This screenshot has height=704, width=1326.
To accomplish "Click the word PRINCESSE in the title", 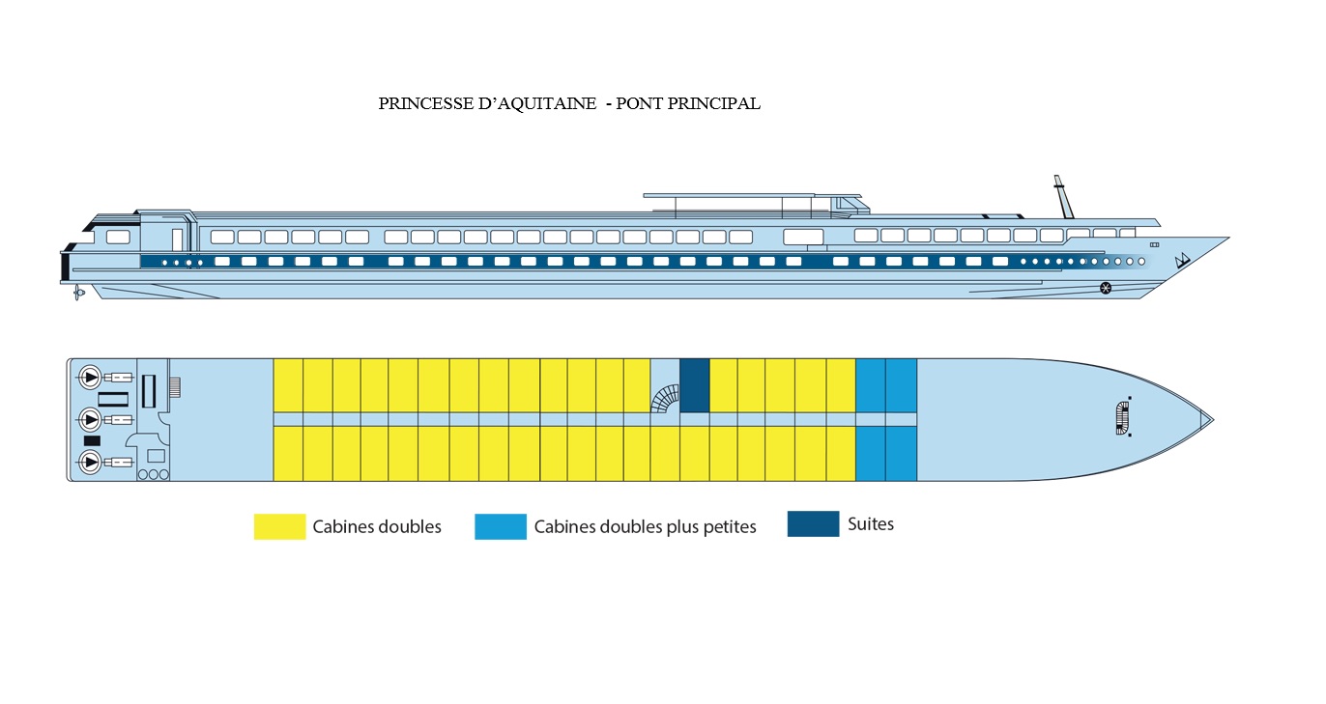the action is pyautogui.click(x=424, y=103).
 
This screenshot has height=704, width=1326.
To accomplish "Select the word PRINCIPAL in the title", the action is pyautogui.click(x=716, y=103).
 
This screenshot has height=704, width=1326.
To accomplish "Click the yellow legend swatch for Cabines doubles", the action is pyautogui.click(x=279, y=526).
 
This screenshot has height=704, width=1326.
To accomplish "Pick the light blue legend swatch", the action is pyautogui.click(x=501, y=526).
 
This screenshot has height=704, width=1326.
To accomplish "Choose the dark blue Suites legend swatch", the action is pyautogui.click(x=813, y=523).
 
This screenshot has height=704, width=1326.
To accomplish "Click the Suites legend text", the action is pyautogui.click(x=870, y=524).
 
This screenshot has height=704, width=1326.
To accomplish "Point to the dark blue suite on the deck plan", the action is pyautogui.click(x=694, y=385).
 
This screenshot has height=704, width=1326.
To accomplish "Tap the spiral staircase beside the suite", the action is pyautogui.click(x=665, y=398).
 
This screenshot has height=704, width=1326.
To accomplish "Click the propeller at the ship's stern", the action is pyautogui.click(x=78, y=293).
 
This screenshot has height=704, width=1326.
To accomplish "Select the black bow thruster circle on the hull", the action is pyautogui.click(x=1106, y=288).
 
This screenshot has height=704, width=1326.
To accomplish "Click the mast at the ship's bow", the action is pyautogui.click(x=1063, y=197).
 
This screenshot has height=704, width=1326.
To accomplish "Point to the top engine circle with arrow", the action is pyautogui.click(x=90, y=377).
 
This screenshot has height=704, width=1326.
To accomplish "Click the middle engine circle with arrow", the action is pyautogui.click(x=90, y=419).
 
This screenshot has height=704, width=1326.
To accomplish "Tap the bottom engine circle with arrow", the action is pyautogui.click(x=90, y=462).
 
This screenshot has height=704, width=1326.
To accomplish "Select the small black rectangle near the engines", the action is pyautogui.click(x=92, y=440).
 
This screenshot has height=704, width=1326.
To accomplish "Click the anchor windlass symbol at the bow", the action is pyautogui.click(x=1123, y=418).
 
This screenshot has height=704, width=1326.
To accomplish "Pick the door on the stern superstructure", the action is pyautogui.click(x=178, y=239).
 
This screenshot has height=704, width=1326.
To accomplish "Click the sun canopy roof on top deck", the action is pyautogui.click(x=752, y=195).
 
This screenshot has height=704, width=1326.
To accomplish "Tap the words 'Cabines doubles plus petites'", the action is pyautogui.click(x=646, y=527).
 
